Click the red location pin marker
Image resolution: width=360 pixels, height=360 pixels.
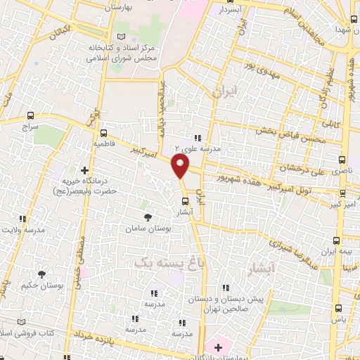pyautogui.click(x=181, y=167)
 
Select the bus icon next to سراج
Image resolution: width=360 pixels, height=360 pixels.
pyautogui.click(x=30, y=115)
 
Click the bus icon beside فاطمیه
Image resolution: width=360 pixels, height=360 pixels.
pyautogui.click(x=103, y=132)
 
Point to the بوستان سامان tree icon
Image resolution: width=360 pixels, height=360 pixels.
pyautogui.click(x=147, y=217)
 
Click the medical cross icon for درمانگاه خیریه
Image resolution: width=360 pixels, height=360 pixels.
pyautogui.click(x=84, y=169)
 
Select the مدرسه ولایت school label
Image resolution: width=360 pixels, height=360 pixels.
pyautogui.click(x=22, y=229)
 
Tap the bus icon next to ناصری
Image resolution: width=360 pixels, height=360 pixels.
pyautogui.click(x=342, y=160)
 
